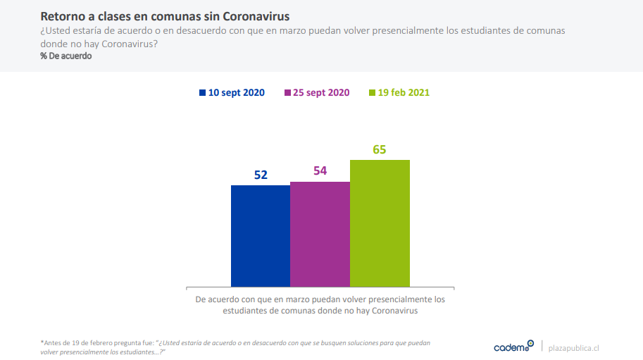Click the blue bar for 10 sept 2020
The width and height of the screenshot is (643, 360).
pyautogui.click(x=261, y=235)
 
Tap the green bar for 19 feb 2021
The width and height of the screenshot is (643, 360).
pyautogui.click(x=380, y=223)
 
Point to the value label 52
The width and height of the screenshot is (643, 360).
pyautogui.click(x=261, y=175)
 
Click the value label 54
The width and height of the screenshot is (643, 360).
pyautogui.click(x=320, y=171)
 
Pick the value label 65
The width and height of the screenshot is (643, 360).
pyautogui.click(x=380, y=149)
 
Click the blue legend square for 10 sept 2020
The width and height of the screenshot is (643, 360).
pyautogui.click(x=203, y=93)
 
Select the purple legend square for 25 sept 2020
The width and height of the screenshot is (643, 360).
pyautogui.click(x=287, y=93)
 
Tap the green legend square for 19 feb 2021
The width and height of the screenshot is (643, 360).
pyautogui.click(x=373, y=93)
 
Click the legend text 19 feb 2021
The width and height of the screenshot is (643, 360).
pyautogui.click(x=404, y=93)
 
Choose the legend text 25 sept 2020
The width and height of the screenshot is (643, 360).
pyautogui.click(x=321, y=93)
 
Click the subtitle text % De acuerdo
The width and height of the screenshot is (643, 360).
pyautogui.click(x=66, y=56)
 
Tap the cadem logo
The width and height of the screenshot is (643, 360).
pyautogui.click(x=513, y=347)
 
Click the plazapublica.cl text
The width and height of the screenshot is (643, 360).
pyautogui.click(x=573, y=347)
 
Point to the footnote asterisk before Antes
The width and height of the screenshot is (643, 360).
pyautogui.click(x=42, y=342)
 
